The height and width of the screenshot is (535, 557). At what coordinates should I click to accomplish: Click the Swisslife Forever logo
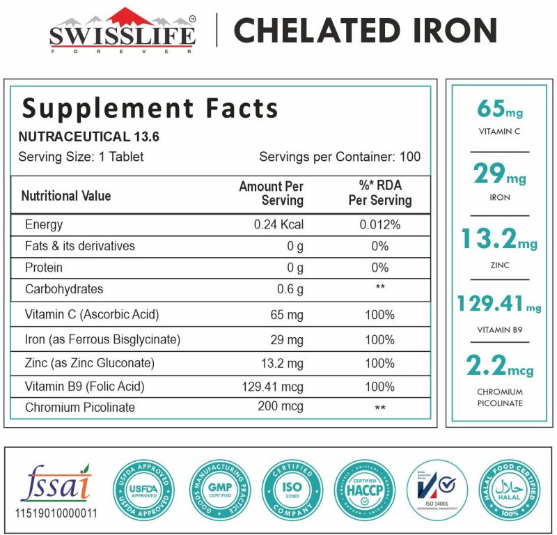(x=123, y=31)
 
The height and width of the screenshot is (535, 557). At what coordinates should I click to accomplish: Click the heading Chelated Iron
(x=365, y=31)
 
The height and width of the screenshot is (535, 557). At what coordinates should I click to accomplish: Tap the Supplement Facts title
(x=150, y=109)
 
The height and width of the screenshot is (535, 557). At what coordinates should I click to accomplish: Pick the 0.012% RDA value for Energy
(x=379, y=225)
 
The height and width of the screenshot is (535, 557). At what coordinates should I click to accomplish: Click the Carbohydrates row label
(x=63, y=289)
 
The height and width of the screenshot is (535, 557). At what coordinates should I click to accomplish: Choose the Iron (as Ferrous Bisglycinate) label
(x=102, y=340)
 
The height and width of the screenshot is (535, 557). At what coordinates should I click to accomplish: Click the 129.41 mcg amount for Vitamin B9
(x=274, y=387)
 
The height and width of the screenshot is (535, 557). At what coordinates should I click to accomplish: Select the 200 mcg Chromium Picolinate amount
(x=281, y=407)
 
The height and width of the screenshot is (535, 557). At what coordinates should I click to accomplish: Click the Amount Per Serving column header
(x=272, y=194)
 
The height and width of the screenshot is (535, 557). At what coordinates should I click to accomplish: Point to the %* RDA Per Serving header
(x=379, y=194)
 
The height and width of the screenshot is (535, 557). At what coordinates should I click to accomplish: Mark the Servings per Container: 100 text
(x=340, y=157)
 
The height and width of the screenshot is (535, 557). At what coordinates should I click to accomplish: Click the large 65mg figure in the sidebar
(x=499, y=110)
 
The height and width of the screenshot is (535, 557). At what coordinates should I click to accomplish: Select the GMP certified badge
(x=219, y=490)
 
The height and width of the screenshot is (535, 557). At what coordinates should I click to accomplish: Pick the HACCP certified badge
(x=364, y=490)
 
